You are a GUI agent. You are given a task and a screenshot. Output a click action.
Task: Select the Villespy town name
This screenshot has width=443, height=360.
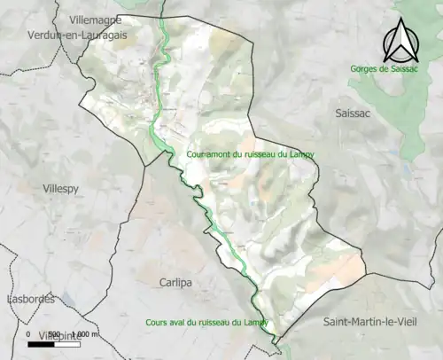62,188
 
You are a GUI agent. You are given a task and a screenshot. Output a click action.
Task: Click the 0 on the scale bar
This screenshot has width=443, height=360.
29,334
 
